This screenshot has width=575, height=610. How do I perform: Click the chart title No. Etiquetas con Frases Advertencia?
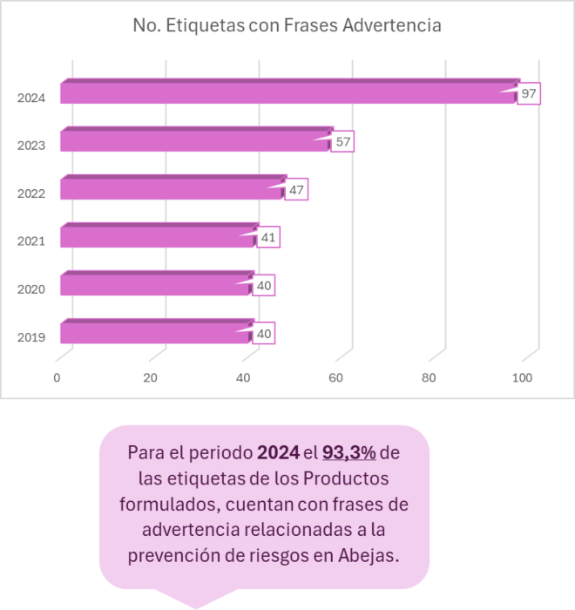point(287,26)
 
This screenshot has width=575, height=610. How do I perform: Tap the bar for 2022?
point(172,189)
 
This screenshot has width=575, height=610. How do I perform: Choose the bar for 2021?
point(157,237)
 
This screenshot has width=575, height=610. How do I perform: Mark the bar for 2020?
point(155,285)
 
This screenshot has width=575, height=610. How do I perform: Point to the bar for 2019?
point(155,333)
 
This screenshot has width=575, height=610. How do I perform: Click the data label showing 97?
point(529,93)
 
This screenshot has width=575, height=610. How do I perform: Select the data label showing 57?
point(342,141)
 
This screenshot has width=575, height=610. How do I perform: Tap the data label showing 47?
point(296,189)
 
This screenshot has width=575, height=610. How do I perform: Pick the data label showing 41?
point(268,237)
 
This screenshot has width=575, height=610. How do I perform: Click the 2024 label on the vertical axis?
point(31,98)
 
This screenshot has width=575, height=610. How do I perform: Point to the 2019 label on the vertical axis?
point(31,337)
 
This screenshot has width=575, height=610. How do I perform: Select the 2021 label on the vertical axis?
point(31,241)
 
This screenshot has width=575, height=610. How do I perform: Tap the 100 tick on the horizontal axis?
point(523,377)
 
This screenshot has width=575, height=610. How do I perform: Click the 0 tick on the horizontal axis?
point(57,377)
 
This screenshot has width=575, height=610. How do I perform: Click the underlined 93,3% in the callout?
point(348,454)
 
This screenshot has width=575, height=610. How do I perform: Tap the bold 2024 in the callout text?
point(278,454)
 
